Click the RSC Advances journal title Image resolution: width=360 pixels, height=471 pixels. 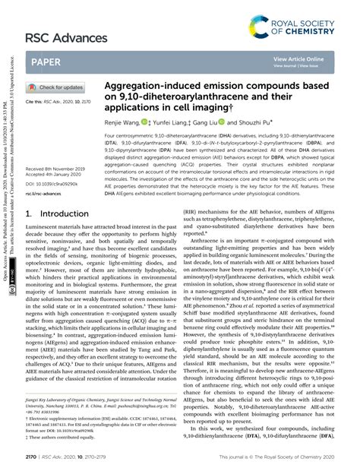pyautogui.click(x=66, y=37)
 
